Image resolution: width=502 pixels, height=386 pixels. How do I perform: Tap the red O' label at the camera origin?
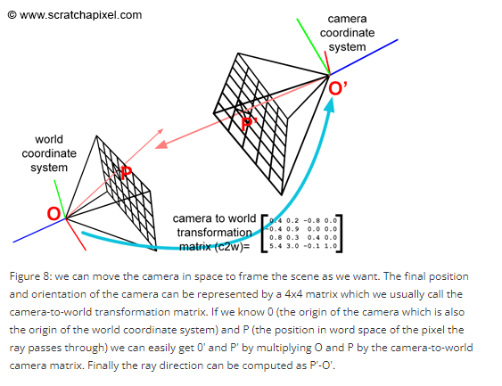click(339, 89)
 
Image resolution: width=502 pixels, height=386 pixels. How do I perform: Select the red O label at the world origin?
click(54, 214)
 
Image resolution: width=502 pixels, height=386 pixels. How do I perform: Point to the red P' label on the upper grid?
click(251, 124)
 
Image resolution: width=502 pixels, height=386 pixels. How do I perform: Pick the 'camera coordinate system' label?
click(347, 32)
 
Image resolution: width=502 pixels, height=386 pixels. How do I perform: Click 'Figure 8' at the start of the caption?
click(32, 275)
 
